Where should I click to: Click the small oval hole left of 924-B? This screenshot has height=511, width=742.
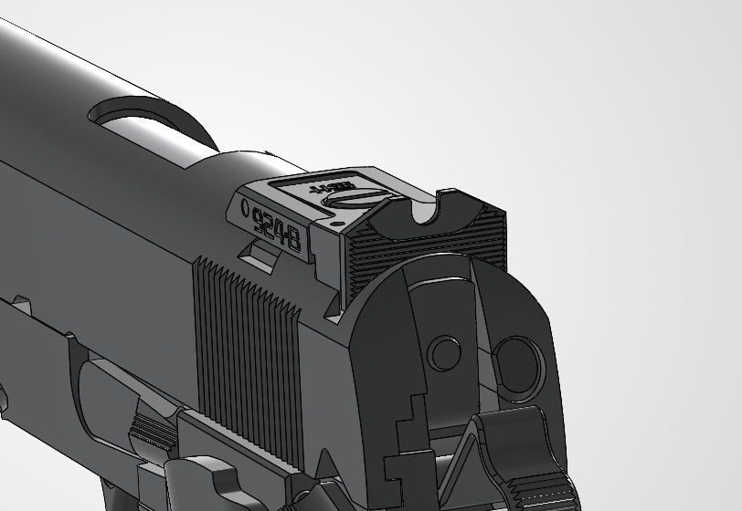pyautogui.click(x=244, y=207)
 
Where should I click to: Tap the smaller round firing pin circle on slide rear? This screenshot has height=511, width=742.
pyautogui.click(x=444, y=353)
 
